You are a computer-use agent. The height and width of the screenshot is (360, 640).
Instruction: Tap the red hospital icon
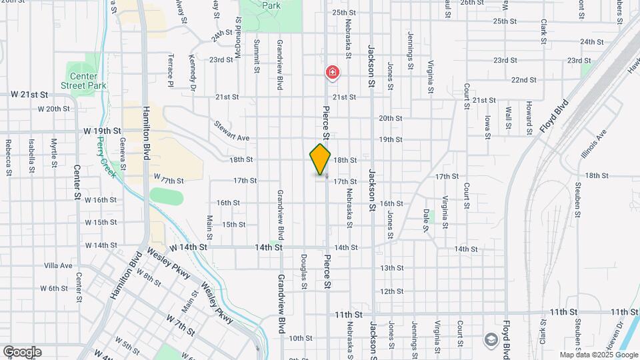click(331, 72)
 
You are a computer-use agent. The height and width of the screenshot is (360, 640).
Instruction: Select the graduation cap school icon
click(491, 339)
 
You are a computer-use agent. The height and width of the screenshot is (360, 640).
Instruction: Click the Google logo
click(22, 351)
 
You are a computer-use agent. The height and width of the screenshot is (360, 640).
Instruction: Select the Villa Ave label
click(58, 265)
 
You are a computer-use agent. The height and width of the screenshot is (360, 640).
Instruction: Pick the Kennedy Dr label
click(192, 72)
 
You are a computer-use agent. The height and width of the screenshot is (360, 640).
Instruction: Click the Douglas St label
click(304, 271)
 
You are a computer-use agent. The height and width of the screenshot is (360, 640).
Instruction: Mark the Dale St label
click(425, 220)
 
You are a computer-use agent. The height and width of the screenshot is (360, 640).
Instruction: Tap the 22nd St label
click(524, 80)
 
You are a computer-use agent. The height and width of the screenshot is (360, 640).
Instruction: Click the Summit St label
click(256, 55)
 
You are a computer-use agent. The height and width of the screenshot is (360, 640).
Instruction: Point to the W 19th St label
click(102, 131)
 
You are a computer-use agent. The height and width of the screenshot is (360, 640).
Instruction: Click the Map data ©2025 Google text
click(599, 355)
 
